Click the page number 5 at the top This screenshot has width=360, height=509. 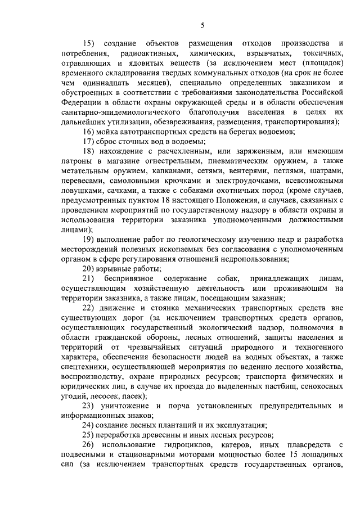[202, 24]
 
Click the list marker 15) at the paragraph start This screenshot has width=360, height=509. [89, 44]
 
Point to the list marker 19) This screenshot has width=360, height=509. [89, 239]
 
